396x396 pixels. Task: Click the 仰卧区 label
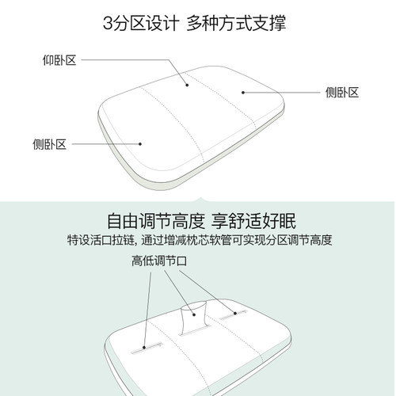tap(59, 60)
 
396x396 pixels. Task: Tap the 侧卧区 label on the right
tap(342, 93)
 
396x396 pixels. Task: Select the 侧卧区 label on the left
tap(49, 144)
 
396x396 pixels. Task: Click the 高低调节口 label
tap(159, 261)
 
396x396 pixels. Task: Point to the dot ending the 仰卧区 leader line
tap(187, 85)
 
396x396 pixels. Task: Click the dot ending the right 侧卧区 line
tap(243, 93)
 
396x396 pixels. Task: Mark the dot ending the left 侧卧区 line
tap(140, 144)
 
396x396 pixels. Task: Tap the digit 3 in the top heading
tap(108, 23)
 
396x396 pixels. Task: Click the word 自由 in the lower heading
tap(123, 221)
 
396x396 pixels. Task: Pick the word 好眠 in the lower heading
tap(280, 221)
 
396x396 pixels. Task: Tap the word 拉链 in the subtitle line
tap(124, 240)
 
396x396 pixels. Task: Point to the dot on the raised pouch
tap(194, 314)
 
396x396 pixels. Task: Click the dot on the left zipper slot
tap(144, 347)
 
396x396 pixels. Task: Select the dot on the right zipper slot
tap(235, 314)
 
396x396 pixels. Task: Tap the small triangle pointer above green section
tap(200, 200)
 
